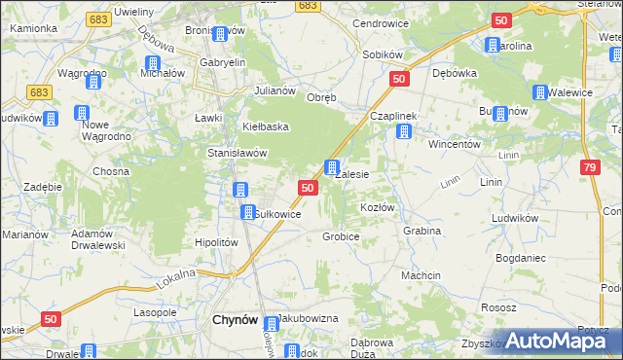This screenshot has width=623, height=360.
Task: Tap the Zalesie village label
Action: (351, 175)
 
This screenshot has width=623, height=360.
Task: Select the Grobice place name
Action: (342, 236)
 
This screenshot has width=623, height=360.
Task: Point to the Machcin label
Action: (421, 275)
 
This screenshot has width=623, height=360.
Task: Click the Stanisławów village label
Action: (238, 153)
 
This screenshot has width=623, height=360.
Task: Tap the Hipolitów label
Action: (217, 242)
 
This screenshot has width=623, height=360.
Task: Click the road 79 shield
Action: (591, 167)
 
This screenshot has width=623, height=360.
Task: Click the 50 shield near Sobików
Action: (397, 79)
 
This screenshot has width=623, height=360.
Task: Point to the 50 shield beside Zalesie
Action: (308, 188)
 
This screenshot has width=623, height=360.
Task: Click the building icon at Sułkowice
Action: (248, 212)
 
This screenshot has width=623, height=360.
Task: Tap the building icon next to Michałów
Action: (150, 63)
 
